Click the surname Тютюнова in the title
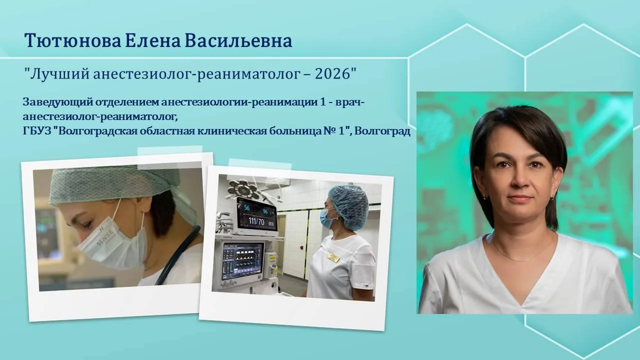pos(73,40)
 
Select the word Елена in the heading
pos(153,40)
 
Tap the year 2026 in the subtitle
pos(332,74)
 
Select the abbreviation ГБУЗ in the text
pos(36,131)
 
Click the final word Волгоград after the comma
pos(382,131)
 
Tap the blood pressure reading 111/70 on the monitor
pos(256,221)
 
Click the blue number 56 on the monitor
pos(247,207)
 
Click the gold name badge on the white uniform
pos(333,257)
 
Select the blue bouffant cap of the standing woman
pos(348,203)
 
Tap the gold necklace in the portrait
pos(523,251)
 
